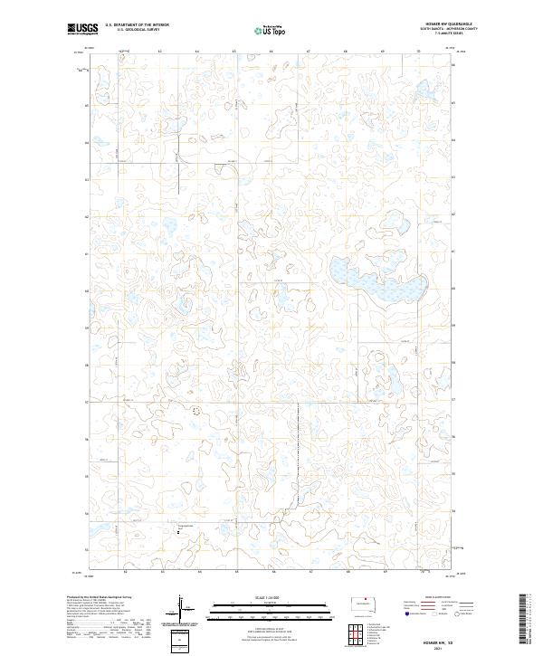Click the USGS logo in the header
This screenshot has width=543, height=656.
[82, 30]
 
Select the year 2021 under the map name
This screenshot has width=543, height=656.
[437, 648]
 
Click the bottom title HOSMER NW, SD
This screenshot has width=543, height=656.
[437, 641]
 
